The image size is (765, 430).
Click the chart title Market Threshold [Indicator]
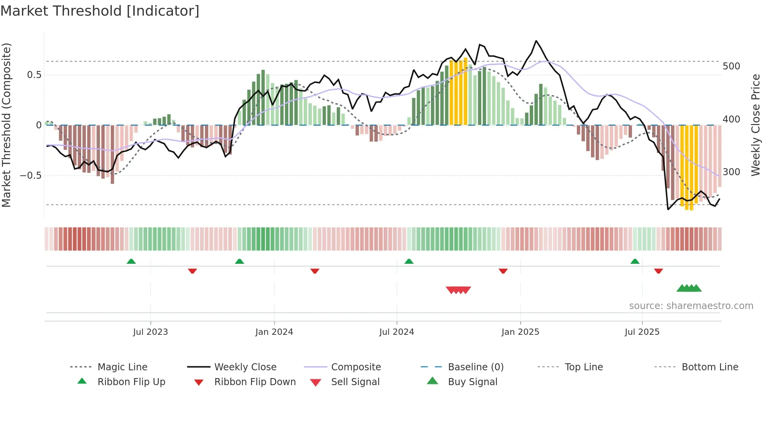click(100, 11)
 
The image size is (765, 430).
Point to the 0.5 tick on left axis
click(34, 75)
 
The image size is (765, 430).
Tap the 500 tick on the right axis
click(731, 66)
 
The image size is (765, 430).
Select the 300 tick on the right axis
click(731, 172)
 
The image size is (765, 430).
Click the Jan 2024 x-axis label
click(274, 332)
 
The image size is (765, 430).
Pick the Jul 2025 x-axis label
click(642, 332)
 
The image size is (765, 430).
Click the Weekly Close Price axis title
click(756, 125)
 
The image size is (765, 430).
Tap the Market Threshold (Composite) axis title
click(6, 125)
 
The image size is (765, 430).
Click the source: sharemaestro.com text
click(691, 306)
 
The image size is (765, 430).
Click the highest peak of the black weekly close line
click(536, 41)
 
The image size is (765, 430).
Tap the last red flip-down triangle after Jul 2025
click(658, 271)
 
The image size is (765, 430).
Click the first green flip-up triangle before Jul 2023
click(131, 261)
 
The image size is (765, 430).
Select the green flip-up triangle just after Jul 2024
click(409, 261)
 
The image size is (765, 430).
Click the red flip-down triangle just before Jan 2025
click(503, 271)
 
